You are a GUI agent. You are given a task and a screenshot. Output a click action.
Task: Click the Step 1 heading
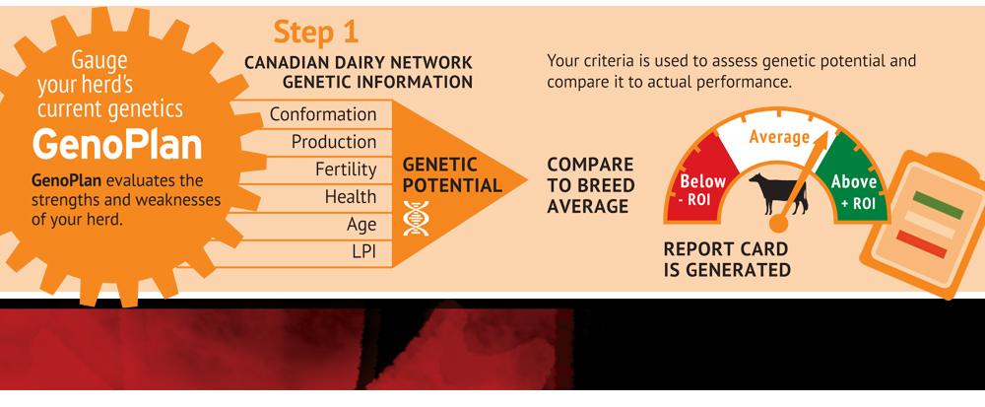tap(316, 33)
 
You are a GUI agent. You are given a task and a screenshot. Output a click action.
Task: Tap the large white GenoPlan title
tap(117, 145)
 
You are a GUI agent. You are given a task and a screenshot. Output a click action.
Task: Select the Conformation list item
tap(323, 114)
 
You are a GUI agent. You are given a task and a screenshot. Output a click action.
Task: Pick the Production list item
tap(334, 142)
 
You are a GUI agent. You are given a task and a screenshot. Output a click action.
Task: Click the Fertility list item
tap(346, 170)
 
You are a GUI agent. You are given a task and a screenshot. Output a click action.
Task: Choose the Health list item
tap(351, 197)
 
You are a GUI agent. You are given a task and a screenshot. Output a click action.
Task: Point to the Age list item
tap(361, 225)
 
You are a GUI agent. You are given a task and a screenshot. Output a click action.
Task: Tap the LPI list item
tap(364, 252)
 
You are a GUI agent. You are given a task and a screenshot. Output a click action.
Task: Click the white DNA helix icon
tap(415, 219)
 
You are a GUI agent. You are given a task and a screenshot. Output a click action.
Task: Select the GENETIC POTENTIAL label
tap(452, 174)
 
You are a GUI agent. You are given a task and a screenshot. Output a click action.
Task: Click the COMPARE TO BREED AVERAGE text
tap(590, 185)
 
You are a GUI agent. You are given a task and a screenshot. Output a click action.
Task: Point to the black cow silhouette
tap(778, 193)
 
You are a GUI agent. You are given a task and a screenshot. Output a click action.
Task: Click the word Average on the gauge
tap(779, 137)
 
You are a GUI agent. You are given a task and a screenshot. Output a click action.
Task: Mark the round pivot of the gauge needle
tap(778, 223)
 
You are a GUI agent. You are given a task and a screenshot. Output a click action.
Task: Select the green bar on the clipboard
tap(938, 205)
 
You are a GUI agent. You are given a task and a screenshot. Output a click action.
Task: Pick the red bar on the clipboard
tap(921, 244)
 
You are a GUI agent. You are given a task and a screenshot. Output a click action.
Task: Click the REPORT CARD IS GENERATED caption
tap(726, 259)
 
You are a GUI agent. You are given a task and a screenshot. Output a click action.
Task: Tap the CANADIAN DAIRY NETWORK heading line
tap(359, 63)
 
